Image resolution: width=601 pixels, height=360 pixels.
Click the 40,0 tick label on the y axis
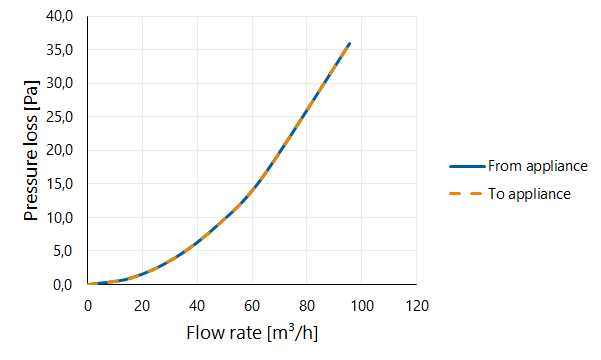coord(59,16)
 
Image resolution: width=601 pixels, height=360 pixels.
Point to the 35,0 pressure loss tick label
coord(59,50)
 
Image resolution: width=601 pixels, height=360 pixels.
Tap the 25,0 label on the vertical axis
coord(59,117)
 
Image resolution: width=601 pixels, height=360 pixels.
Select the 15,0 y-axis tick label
coord(59,184)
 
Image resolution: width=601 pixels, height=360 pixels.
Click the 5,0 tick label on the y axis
coord(63,251)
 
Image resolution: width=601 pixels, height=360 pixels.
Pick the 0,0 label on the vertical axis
coord(63,285)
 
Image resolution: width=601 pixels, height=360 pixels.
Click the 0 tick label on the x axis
coord(88,306)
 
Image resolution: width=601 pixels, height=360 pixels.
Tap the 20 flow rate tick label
coord(142,306)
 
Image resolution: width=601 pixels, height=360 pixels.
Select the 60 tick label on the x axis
coord(252,306)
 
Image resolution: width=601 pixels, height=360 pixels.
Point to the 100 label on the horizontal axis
coord(362,306)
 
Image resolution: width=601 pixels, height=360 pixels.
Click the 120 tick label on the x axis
coord(417,306)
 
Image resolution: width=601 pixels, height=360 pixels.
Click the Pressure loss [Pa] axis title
coord(31,150)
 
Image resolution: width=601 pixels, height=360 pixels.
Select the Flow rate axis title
coord(252,332)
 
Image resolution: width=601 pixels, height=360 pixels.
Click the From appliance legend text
coord(538,166)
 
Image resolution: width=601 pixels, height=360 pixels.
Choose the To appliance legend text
coord(529,194)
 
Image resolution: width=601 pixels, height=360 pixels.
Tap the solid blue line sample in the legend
coord(467,166)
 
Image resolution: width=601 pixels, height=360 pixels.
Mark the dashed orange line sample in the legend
coord(466,194)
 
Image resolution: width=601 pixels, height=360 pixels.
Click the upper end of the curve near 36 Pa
coord(350,44)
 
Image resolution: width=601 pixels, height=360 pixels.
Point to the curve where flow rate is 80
coord(307,111)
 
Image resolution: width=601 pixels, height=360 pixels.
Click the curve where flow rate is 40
coord(197,242)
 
